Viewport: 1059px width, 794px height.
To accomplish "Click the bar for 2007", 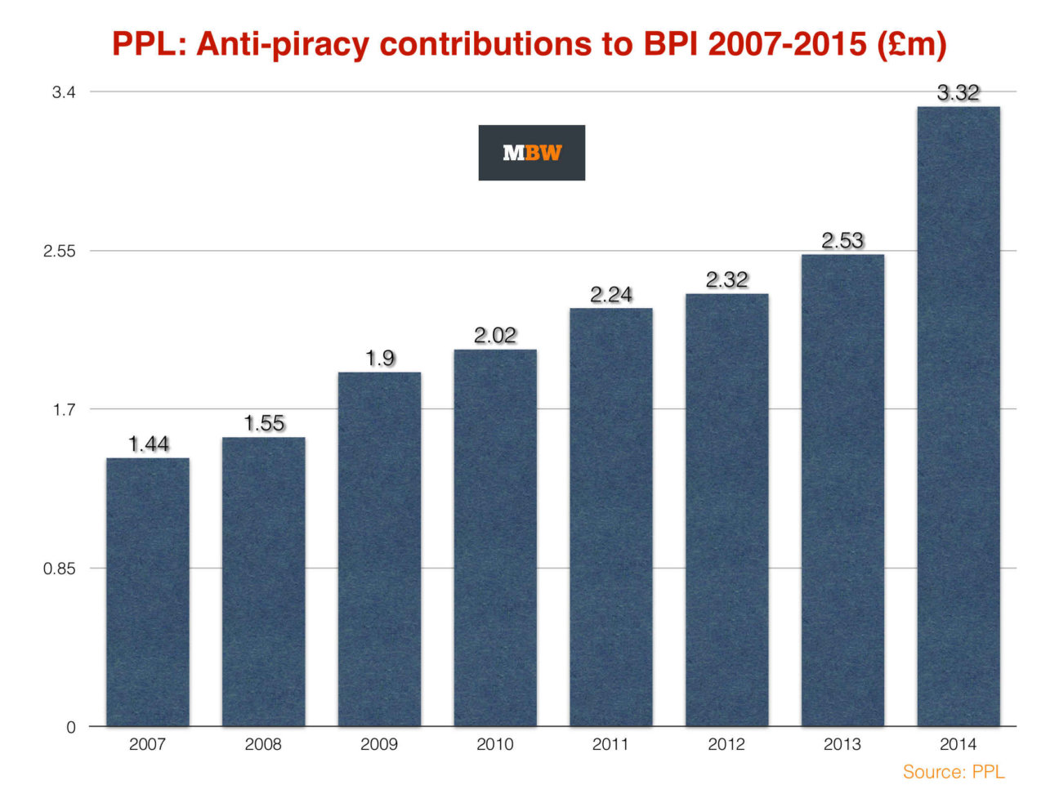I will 148,592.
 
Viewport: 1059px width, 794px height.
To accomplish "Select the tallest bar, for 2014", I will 958,417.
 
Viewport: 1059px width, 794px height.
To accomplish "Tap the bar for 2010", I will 495,538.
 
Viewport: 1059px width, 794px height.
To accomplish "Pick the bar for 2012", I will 726,510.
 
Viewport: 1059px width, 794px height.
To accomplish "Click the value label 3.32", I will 958,93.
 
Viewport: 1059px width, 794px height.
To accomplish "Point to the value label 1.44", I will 149,444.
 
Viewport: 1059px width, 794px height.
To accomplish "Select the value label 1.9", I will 380,358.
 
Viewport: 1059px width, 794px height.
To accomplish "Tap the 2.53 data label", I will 842,241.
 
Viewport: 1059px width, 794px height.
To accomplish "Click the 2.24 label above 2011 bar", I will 611,295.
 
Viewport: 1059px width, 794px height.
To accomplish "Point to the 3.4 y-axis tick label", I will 64,92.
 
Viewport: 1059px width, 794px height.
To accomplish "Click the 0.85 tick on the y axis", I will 59,569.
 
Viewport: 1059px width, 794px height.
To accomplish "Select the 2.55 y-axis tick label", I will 59,252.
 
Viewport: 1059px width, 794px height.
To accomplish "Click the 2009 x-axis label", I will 379,744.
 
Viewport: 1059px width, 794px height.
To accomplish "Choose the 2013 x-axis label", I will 842,744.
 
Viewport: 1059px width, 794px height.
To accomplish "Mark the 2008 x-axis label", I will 263,744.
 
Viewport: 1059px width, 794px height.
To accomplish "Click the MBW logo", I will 531,153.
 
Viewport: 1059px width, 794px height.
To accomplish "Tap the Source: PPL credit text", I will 954,772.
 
